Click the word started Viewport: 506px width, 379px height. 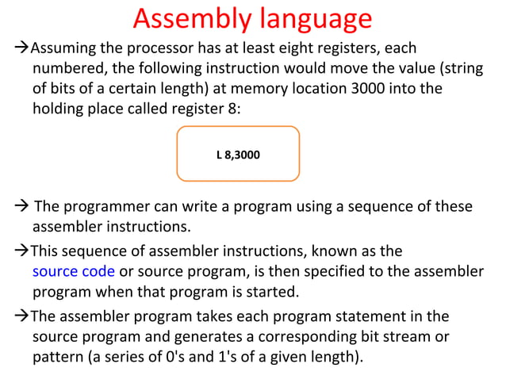click(x=272, y=292)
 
